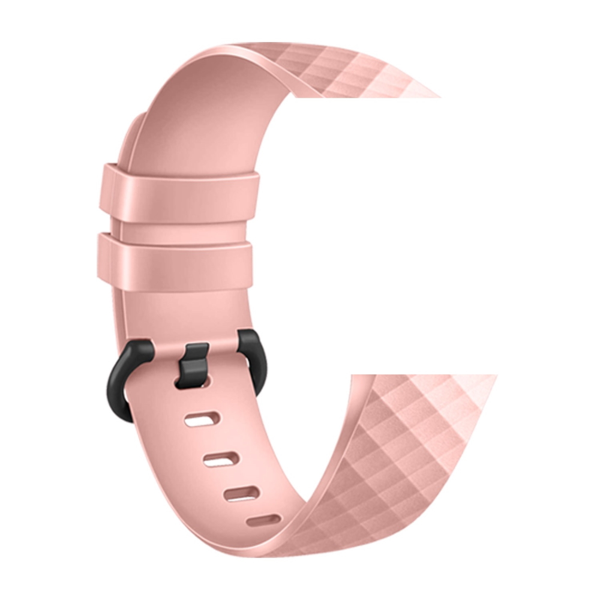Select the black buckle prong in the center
click(x=194, y=364)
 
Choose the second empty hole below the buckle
click(x=221, y=459)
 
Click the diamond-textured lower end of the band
click(x=408, y=456)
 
